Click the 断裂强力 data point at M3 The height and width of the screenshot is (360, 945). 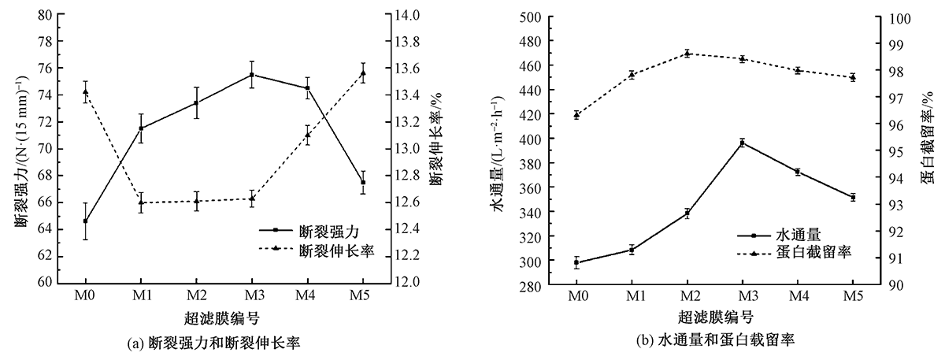click(x=252, y=75)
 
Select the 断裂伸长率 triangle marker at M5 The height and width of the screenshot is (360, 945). click(x=362, y=73)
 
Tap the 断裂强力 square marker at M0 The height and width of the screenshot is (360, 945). click(x=85, y=221)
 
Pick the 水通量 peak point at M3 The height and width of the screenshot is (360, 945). click(x=742, y=143)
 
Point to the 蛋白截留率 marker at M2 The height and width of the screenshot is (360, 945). click(x=687, y=54)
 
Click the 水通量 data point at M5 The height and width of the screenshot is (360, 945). click(x=852, y=198)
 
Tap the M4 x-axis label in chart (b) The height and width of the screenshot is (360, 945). click(x=797, y=295)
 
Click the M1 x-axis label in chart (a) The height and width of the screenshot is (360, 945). click(x=140, y=294)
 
